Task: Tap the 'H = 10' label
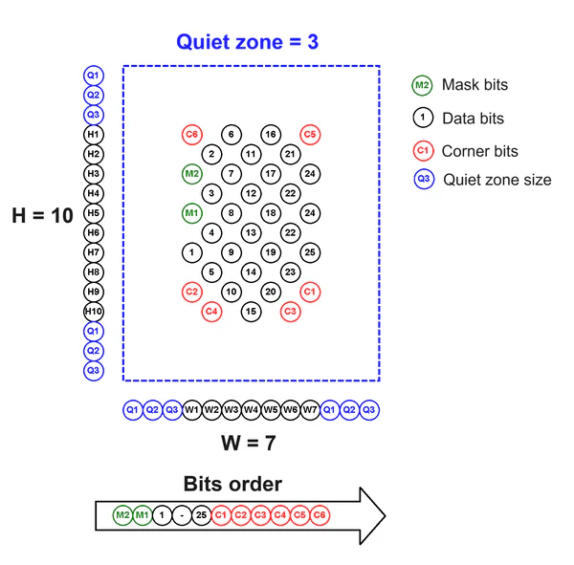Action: click(42, 216)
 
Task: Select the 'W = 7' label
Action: click(249, 443)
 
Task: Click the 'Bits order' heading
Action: click(232, 484)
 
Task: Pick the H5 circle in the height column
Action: click(93, 213)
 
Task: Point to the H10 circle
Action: click(93, 312)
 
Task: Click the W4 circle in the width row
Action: click(251, 410)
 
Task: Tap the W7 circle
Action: click(309, 410)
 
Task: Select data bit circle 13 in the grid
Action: click(251, 232)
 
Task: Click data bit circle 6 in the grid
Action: click(231, 135)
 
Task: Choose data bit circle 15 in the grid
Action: click(251, 311)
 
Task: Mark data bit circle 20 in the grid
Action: click(271, 292)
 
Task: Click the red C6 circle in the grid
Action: click(191, 135)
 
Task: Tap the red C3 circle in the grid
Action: click(290, 311)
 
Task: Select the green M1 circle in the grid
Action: click(191, 212)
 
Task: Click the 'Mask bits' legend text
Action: click(474, 85)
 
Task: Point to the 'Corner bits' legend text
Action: click(479, 151)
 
